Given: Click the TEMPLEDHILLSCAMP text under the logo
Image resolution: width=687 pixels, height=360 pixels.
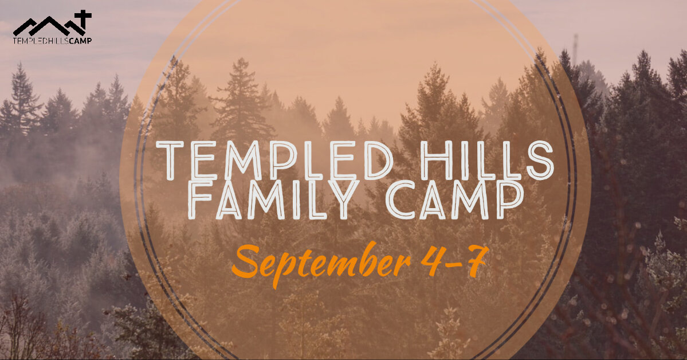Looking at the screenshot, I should click(52, 41).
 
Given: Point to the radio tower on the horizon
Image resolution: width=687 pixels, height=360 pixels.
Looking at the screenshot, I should click(575, 49).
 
